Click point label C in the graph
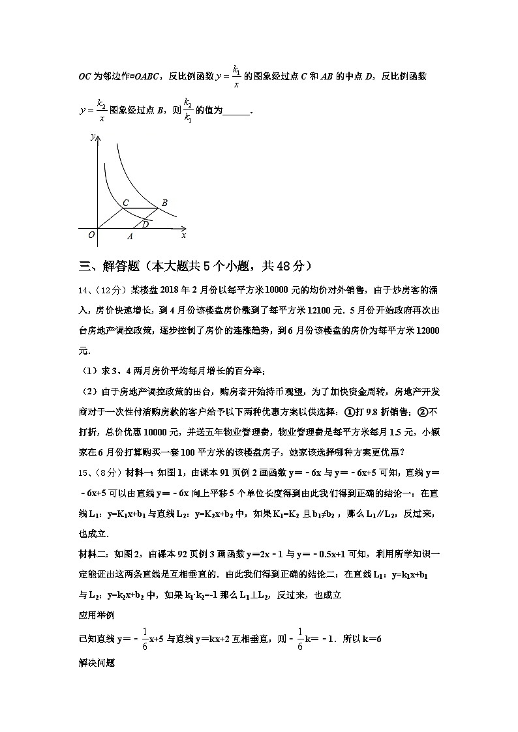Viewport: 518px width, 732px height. pos(125,203)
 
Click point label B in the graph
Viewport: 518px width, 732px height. pos(164,203)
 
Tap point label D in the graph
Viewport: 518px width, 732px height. pos(145,224)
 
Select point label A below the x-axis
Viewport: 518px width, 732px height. pos(130,237)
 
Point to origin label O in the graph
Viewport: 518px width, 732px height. pos(92,235)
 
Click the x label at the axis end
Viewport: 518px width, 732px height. pos(184,235)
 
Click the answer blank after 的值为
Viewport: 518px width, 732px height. pos(236,111)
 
